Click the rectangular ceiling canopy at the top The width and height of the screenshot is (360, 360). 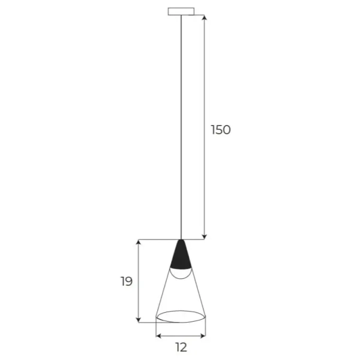coord(180,11)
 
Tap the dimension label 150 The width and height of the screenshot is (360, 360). coord(220,130)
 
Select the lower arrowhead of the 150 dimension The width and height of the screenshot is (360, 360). coord(205,236)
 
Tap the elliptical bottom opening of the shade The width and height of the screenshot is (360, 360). coord(181,316)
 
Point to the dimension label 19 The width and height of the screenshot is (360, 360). coord(126,281)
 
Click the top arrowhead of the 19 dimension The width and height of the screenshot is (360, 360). coord(139,243)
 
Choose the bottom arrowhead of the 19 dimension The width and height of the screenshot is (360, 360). coord(139,319)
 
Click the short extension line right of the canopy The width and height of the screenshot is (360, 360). coord(200,14)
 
